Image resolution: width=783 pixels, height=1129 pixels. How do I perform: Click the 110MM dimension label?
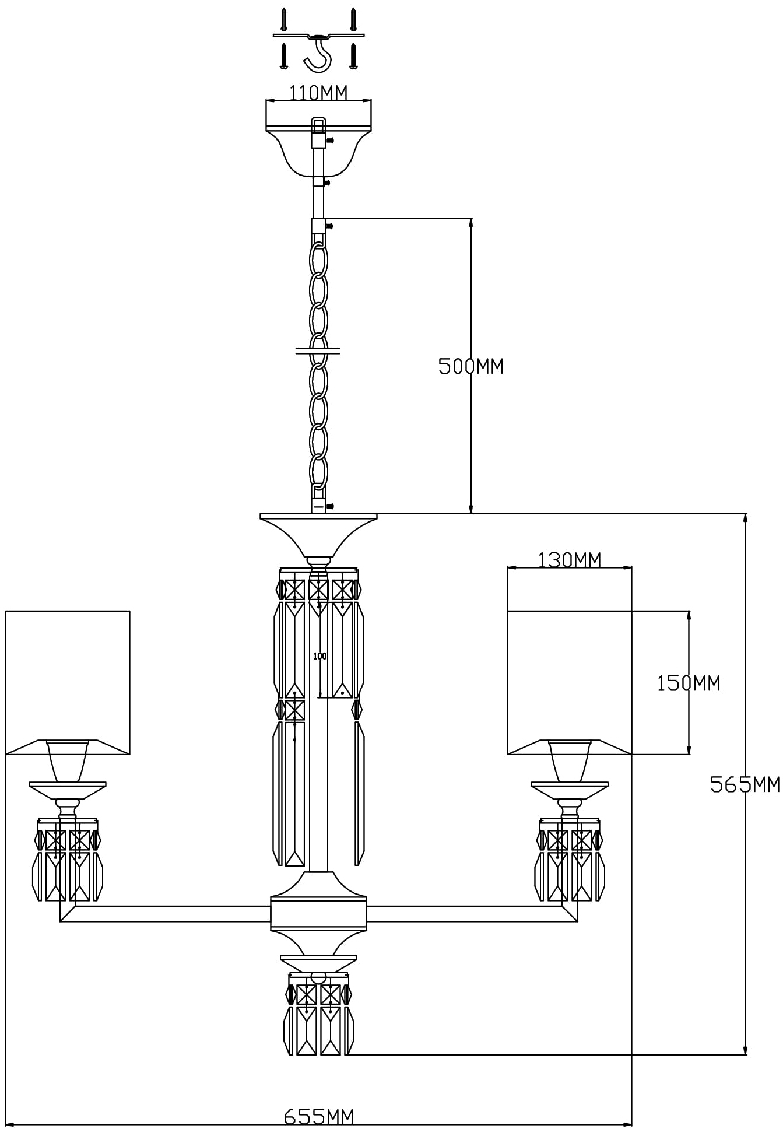point(318,93)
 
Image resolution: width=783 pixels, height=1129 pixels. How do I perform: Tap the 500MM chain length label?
point(470,366)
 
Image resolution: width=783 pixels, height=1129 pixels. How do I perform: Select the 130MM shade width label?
point(569,560)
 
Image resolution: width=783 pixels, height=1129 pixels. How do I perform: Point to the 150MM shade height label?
point(689,683)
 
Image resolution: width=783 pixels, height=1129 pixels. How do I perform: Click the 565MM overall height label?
point(745,784)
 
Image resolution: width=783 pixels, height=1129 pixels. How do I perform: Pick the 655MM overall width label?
point(318,1117)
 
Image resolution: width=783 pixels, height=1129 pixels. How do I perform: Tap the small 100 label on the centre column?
point(320,656)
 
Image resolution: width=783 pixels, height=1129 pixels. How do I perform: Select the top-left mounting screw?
point(284,19)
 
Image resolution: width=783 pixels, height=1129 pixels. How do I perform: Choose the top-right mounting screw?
point(353,19)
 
